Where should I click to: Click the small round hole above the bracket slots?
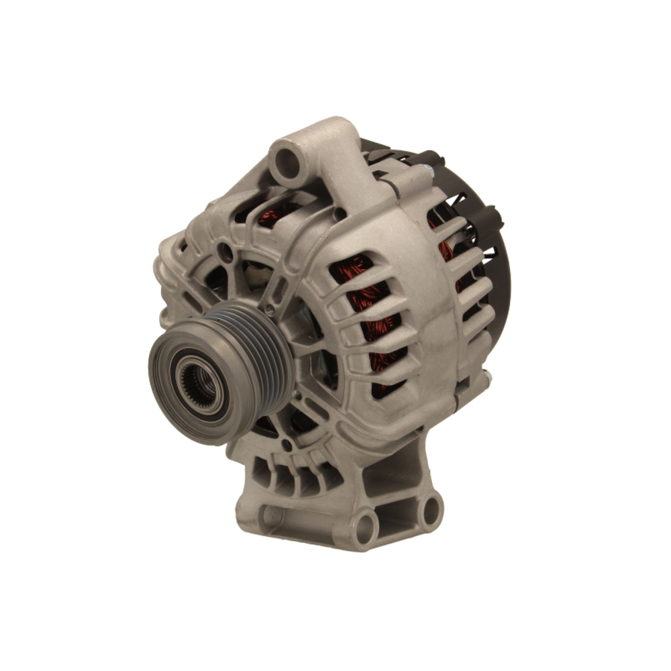tap(287, 444)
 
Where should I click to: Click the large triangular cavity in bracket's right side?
tap(396, 474)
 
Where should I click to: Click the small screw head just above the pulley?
tap(269, 309)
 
